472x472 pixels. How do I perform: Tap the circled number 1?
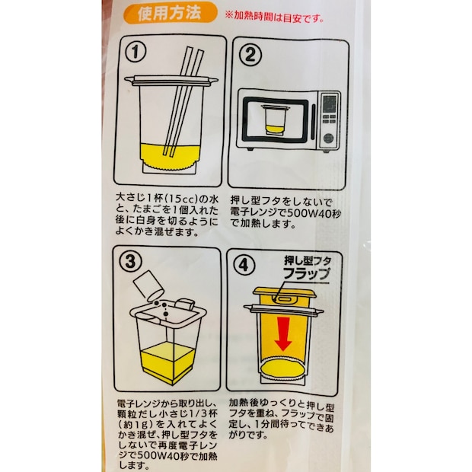(x=136, y=53)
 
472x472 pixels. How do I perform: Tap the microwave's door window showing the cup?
(x=273, y=121)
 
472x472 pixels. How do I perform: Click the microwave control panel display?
(x=329, y=102)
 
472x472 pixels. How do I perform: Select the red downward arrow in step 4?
(x=283, y=333)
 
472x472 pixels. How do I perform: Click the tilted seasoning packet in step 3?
(x=147, y=287)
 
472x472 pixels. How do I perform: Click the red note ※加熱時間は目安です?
(x=277, y=14)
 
